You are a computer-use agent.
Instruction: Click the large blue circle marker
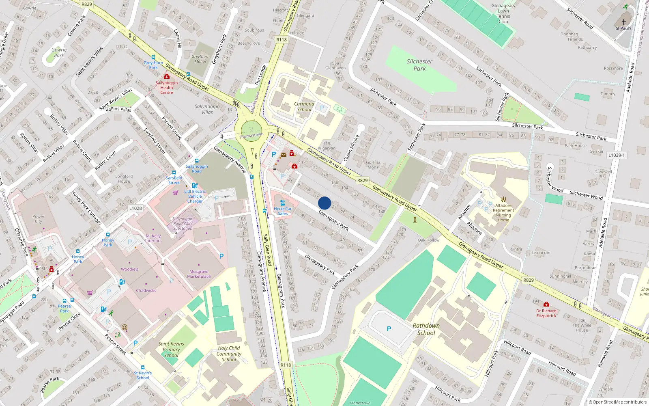(x=324, y=203)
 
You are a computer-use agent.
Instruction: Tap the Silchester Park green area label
(x=419, y=65)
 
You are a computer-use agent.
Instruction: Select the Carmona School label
(x=304, y=107)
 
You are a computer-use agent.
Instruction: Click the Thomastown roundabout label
(x=251, y=135)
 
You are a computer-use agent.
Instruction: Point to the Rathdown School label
(x=426, y=329)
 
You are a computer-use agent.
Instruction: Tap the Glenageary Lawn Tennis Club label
(x=503, y=13)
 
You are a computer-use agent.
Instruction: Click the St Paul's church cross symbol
(x=623, y=22)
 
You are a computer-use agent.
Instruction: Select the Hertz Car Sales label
(x=283, y=211)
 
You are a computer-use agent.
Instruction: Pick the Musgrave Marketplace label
(x=199, y=274)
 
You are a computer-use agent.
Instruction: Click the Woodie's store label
(x=129, y=269)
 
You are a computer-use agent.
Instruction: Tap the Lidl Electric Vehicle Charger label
(x=195, y=196)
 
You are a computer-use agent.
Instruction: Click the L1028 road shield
(x=135, y=208)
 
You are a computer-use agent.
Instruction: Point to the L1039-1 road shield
(x=617, y=155)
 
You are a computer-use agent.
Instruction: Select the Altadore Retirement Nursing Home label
(x=503, y=213)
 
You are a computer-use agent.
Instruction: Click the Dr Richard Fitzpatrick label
(x=546, y=313)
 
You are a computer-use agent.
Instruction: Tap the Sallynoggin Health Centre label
(x=166, y=87)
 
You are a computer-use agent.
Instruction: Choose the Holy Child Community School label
(x=229, y=354)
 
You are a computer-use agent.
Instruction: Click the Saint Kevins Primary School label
(x=171, y=349)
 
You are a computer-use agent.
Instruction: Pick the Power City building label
(x=39, y=219)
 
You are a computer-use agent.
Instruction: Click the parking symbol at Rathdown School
(x=389, y=329)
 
